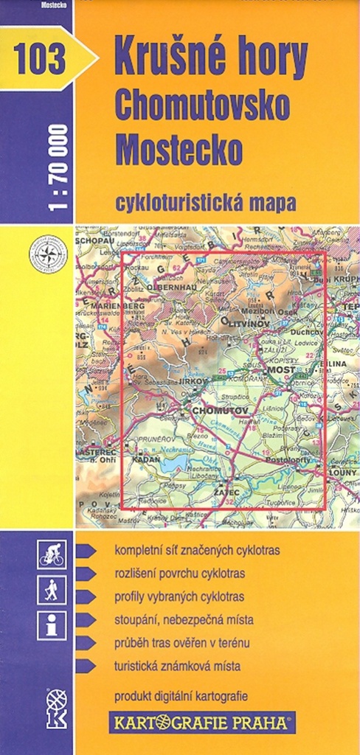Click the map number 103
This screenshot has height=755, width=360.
click(38, 58)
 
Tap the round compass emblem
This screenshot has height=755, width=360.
click(48, 254)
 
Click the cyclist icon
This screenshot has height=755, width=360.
click(52, 554)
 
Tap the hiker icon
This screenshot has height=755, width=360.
click(52, 590)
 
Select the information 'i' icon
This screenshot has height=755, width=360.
click(52, 625)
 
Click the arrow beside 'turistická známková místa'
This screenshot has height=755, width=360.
click(86, 666)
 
